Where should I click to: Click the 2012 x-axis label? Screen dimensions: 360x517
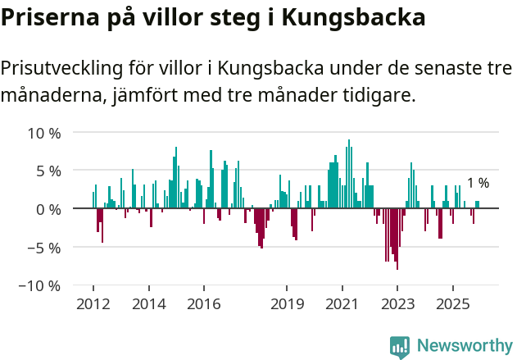[x=93, y=304]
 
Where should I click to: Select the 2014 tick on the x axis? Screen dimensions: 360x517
[x=148, y=304]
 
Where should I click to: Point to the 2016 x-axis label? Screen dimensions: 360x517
[x=203, y=304]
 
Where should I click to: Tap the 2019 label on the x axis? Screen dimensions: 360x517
[x=287, y=304]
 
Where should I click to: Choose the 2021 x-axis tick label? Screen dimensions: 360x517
[x=342, y=304]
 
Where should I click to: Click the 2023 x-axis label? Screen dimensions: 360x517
[x=397, y=304]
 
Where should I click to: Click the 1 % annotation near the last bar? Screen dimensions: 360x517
[x=478, y=183]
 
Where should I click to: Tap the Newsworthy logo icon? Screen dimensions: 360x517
[x=400, y=346]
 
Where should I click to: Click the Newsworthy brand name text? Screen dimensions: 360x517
[x=464, y=346]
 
